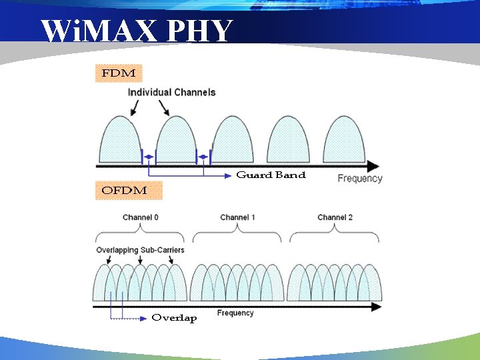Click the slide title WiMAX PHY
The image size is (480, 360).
pyautogui.click(x=137, y=31)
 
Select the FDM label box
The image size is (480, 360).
pyautogui.click(x=119, y=73)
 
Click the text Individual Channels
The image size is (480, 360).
pyautogui.click(x=171, y=93)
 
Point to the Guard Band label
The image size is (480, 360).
pyautogui.click(x=271, y=175)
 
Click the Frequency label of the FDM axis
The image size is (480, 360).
pyautogui.click(x=360, y=179)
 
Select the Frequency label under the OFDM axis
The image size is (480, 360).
pyautogui.click(x=235, y=313)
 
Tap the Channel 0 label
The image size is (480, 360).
pyautogui.click(x=141, y=217)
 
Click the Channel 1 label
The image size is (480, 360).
pyautogui.click(x=238, y=217)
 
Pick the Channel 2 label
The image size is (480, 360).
pyautogui.click(x=335, y=217)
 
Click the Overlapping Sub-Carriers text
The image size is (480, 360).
pyautogui.click(x=140, y=250)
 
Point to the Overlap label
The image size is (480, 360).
pyautogui.click(x=174, y=318)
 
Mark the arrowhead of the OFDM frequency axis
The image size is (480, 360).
pyautogui.click(x=377, y=307)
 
